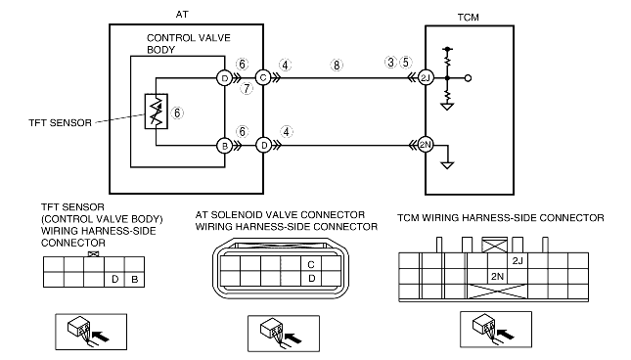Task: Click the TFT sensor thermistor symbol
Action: [157, 112]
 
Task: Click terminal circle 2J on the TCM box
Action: [426, 77]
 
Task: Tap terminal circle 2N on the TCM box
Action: [426, 145]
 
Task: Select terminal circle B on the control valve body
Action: [225, 146]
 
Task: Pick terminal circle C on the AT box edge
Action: [263, 77]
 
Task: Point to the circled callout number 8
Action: [337, 66]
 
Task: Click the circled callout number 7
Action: [247, 88]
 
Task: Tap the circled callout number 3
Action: [390, 63]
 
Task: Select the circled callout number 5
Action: [406, 63]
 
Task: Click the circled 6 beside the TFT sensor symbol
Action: [177, 113]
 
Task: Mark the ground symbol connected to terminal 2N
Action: [447, 165]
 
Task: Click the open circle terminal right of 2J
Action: [468, 78]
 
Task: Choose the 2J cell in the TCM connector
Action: [518, 260]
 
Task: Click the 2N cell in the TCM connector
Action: [497, 276]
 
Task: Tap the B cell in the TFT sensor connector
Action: [134, 279]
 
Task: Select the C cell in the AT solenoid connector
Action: [311, 264]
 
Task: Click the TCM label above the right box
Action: [468, 18]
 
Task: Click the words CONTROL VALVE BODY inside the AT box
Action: [189, 44]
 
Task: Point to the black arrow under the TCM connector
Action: [506, 334]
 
